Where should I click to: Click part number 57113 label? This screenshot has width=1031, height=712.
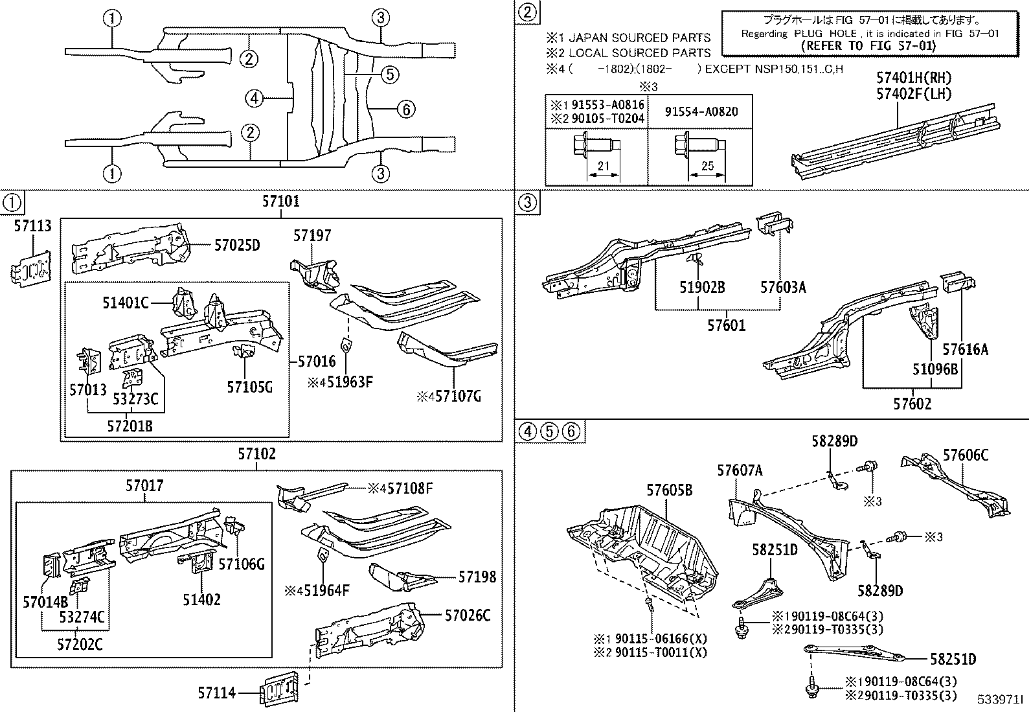click(32, 225)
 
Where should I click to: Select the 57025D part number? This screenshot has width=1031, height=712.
click(236, 246)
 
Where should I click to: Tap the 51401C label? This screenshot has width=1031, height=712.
click(126, 302)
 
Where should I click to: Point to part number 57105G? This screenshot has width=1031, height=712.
click(249, 387)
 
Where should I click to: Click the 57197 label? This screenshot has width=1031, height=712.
click(312, 235)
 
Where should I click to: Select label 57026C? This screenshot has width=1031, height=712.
click(467, 615)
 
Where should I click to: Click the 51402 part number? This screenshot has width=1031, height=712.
click(201, 600)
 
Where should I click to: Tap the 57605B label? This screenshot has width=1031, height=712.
click(669, 490)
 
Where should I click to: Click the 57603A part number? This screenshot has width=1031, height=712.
click(783, 288)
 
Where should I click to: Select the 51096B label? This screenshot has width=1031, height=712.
click(935, 369)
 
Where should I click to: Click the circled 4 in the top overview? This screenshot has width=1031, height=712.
click(255, 98)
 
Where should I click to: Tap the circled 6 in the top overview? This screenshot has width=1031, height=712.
click(405, 109)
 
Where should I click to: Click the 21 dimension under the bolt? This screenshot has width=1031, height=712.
click(603, 166)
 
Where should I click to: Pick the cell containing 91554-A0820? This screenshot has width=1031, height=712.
click(701, 111)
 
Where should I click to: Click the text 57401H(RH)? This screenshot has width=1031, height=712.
click(914, 78)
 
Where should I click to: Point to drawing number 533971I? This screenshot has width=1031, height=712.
click(1001, 701)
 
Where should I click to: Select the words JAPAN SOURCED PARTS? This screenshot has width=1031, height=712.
click(639, 38)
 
